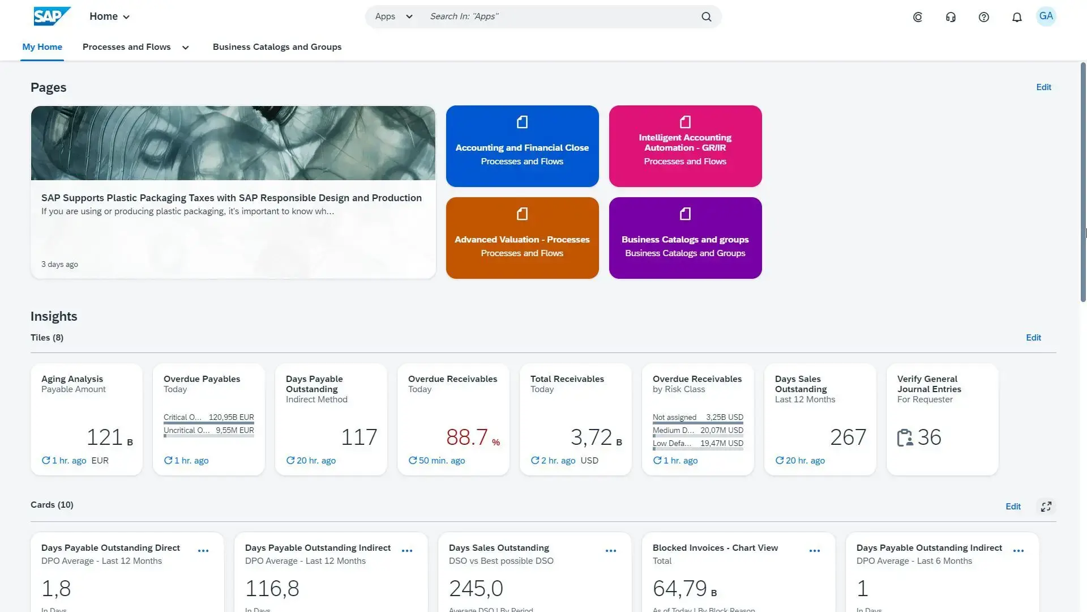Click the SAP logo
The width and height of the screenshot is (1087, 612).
(x=52, y=16)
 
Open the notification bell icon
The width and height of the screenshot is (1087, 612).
(x=1017, y=17)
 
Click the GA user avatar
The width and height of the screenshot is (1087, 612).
(x=1046, y=16)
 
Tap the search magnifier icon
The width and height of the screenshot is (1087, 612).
(x=706, y=17)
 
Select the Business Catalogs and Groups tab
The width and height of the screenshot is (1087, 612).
(x=277, y=47)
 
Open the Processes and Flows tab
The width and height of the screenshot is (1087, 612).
(x=127, y=47)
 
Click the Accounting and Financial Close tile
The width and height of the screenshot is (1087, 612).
(x=522, y=146)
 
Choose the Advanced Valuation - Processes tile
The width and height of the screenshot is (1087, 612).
(x=522, y=238)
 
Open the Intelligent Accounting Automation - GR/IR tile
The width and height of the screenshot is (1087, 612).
(x=685, y=146)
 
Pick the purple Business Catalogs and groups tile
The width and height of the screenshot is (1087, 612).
(x=685, y=238)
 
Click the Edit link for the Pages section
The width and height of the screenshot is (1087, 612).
(x=1043, y=87)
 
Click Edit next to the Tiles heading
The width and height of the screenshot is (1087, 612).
(x=1033, y=338)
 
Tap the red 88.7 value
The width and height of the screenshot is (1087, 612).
(x=467, y=437)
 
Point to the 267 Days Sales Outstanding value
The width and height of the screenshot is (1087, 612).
(x=848, y=437)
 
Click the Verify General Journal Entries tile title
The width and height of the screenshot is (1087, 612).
(x=929, y=384)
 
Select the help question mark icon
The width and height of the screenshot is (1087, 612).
(x=984, y=17)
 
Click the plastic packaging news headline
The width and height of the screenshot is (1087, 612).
(x=232, y=198)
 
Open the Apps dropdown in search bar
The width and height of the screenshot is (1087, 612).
(x=393, y=16)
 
